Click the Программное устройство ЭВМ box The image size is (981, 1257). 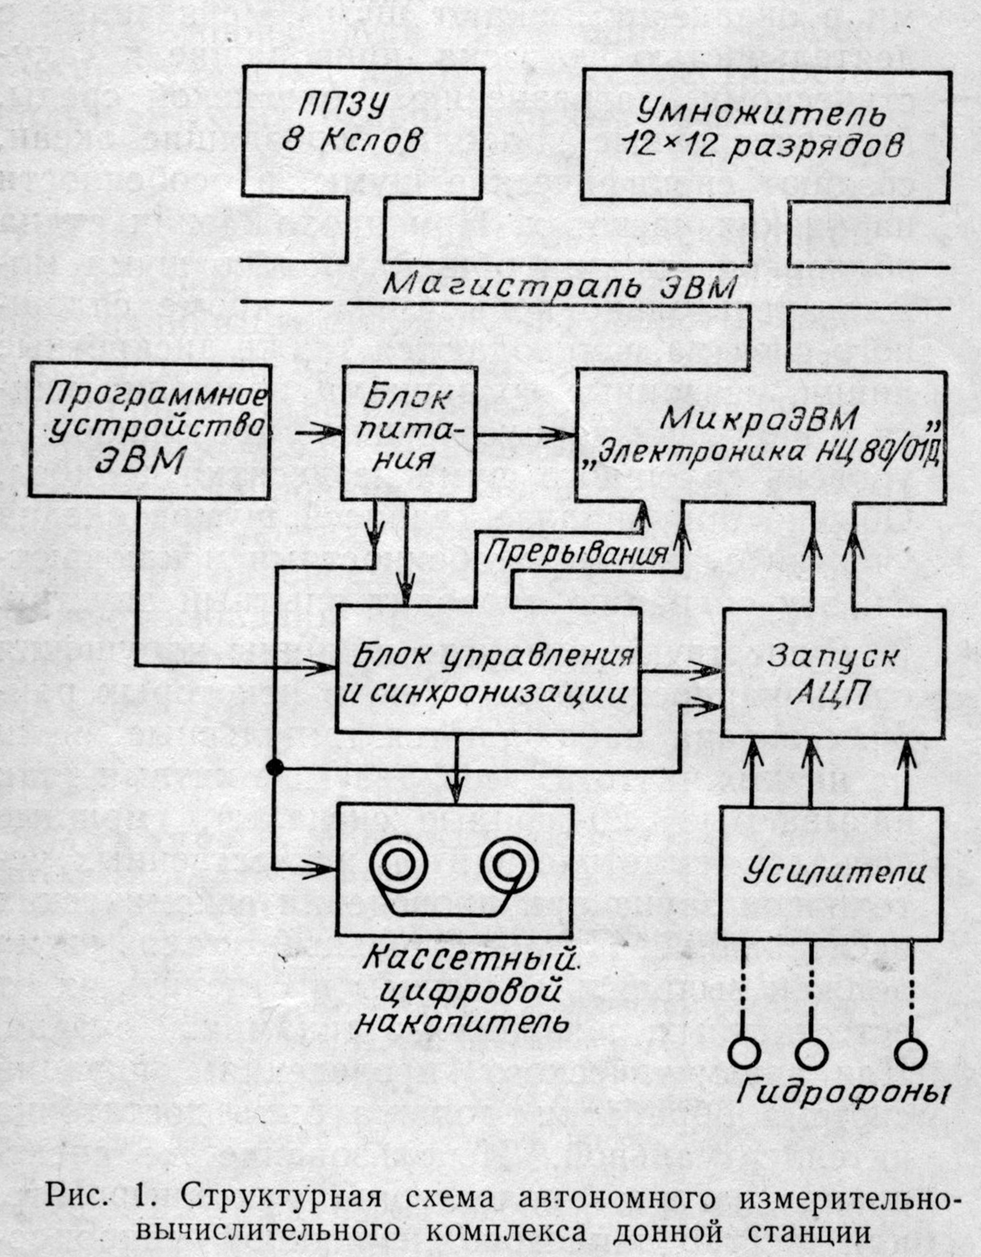pyautogui.click(x=149, y=431)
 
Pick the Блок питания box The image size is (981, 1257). pyautogui.click(x=409, y=432)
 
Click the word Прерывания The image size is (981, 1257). pyautogui.click(x=576, y=552)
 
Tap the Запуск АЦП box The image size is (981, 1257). pyautogui.click(x=833, y=673)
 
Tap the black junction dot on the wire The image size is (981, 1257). pyautogui.click(x=275, y=766)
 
